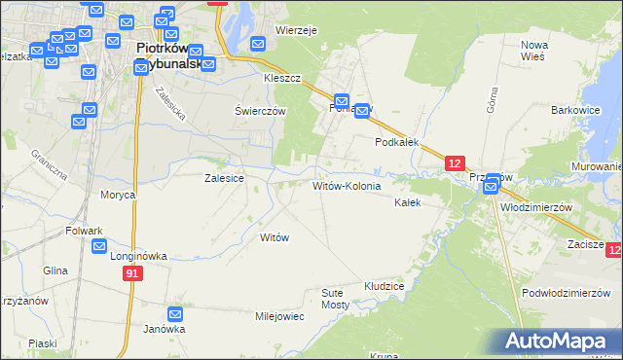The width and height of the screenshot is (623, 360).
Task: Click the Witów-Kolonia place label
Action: pos(346,185)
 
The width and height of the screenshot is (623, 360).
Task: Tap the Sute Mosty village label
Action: pos(335,298)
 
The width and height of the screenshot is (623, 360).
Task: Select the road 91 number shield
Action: pos(133,275)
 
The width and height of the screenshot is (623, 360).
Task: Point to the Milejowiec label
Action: pos(279,316)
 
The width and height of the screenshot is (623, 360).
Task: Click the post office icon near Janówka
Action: pos(175,314)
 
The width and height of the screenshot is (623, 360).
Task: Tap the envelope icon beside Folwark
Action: pos(99,246)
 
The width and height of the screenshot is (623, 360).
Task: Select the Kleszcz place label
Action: pos(282,77)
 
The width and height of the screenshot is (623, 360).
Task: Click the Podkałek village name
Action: pos(397,141)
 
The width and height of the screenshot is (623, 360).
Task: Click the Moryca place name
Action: pos(117,195)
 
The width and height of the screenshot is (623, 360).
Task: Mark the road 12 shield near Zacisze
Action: pos(613,252)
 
